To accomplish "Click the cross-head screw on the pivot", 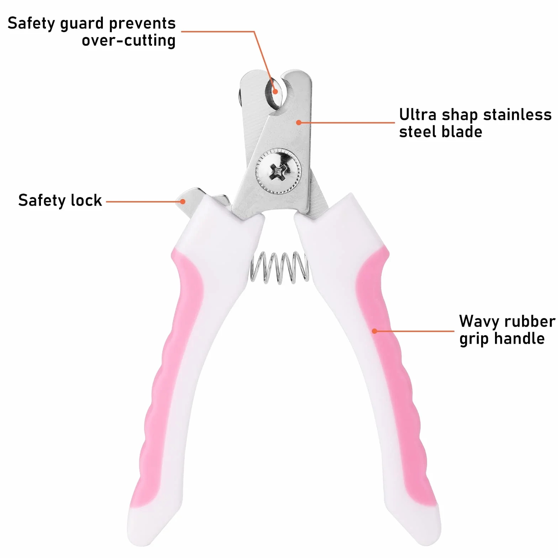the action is click(278, 171).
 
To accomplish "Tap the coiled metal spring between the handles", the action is click(280, 268).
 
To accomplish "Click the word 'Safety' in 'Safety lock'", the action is click(42, 201).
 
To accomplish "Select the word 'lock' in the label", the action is click(86, 200).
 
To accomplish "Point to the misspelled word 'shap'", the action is click(460, 115).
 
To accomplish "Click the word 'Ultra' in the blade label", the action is click(418, 115).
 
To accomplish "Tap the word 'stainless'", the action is click(517, 115).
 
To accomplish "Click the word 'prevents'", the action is click(142, 24).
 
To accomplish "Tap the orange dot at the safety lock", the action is click(183, 201).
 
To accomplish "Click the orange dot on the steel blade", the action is click(299, 122).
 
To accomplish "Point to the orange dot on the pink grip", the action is click(374, 331).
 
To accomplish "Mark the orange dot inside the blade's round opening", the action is click(275, 91).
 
